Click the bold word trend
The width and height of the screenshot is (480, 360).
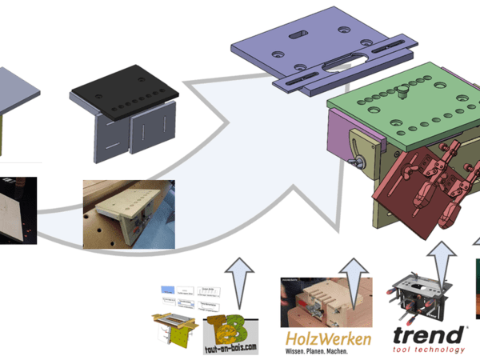427,334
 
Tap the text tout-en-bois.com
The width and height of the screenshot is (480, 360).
231,348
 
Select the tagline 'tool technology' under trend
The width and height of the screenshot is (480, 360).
427,350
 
